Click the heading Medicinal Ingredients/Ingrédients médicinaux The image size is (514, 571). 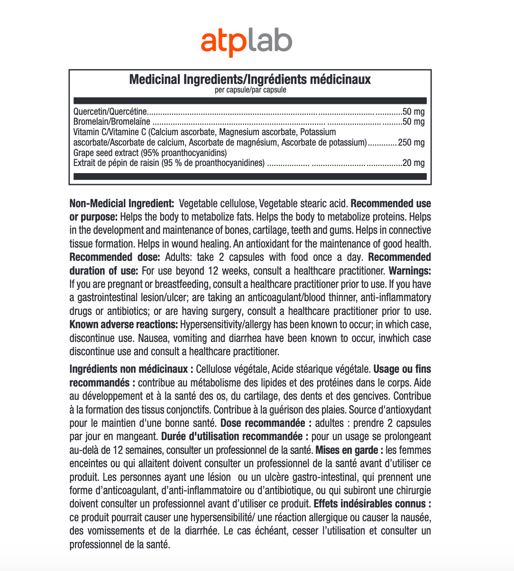(250, 79)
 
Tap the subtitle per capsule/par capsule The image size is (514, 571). (250, 90)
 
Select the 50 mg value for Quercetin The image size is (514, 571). (413, 112)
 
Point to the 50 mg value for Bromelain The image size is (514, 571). (413, 122)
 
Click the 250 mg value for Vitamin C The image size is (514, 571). (411, 142)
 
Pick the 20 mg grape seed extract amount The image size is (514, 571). (413, 163)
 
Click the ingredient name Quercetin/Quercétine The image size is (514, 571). (110, 112)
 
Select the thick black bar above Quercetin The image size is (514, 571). (250, 101)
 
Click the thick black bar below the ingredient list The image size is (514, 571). (250, 176)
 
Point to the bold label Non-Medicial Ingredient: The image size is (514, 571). (122, 203)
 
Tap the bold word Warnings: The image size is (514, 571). (410, 271)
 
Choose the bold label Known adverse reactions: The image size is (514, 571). (123, 325)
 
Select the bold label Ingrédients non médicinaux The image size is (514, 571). (131, 369)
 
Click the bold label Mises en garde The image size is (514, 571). (349, 450)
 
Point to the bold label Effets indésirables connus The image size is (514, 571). (372, 504)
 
